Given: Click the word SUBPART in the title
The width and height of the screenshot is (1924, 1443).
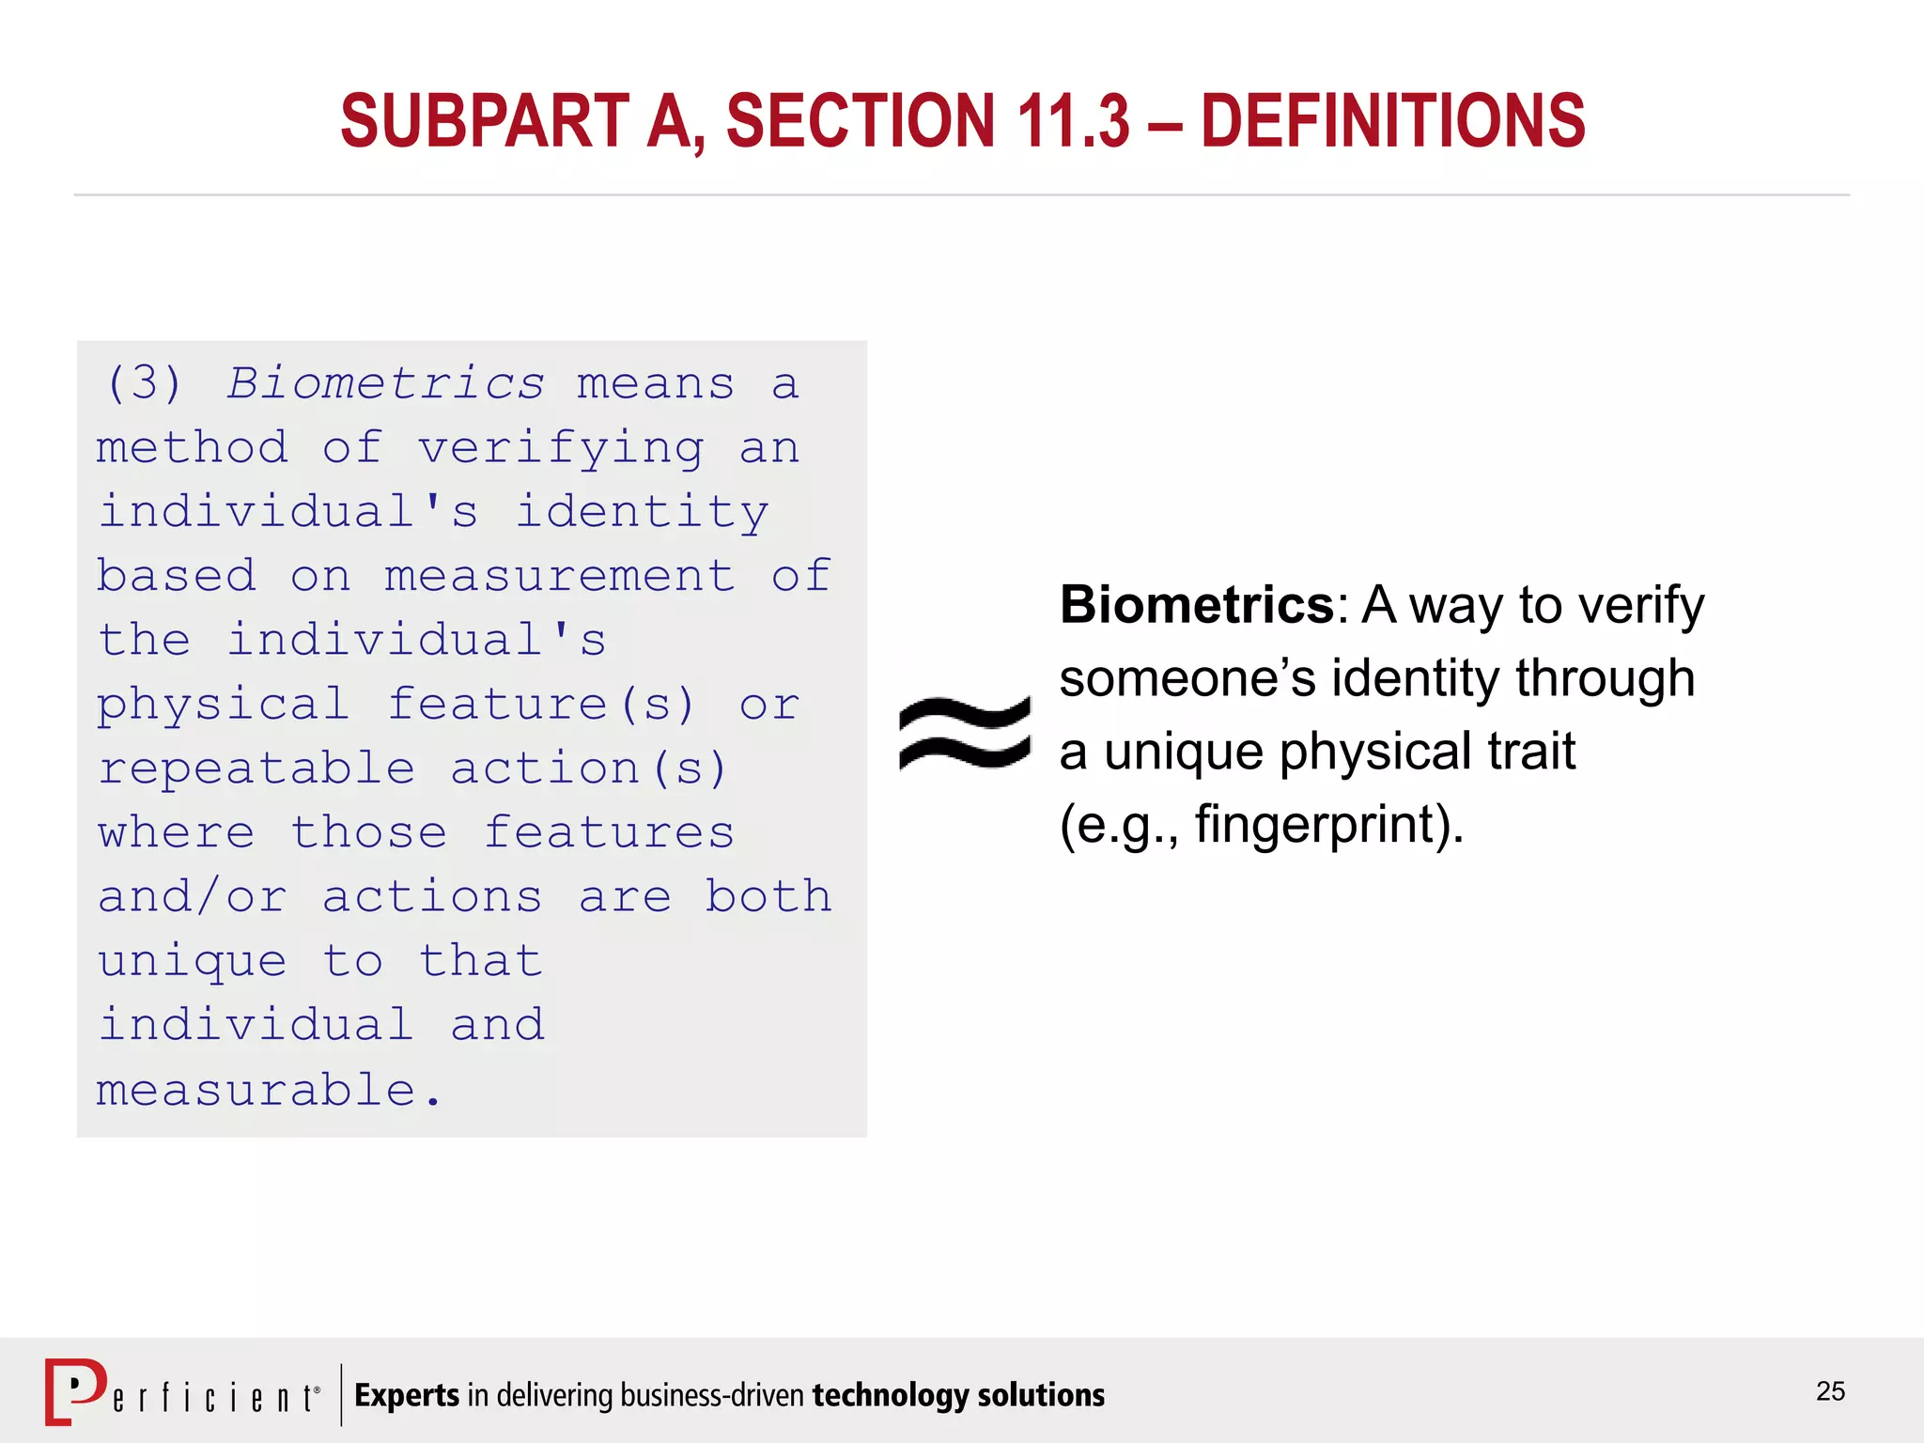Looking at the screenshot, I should [x=485, y=121].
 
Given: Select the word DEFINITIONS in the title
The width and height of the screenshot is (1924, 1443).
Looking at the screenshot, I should [x=1393, y=121].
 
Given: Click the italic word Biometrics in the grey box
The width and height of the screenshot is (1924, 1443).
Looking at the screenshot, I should [x=385, y=383].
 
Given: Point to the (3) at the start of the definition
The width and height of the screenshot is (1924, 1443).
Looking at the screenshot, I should [x=144, y=383].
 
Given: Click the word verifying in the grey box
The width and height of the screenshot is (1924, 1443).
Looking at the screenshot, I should [x=561, y=448].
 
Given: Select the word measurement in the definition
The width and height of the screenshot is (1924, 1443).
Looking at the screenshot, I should [x=560, y=576].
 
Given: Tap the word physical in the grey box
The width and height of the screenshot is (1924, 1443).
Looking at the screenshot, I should [x=223, y=706].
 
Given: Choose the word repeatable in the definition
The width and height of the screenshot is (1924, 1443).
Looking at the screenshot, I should [x=256, y=768].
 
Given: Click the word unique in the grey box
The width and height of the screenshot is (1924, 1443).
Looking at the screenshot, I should [x=193, y=962].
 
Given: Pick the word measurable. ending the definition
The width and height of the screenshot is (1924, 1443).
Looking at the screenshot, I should [x=269, y=1090].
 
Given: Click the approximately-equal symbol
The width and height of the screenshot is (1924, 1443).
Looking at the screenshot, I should [x=965, y=733].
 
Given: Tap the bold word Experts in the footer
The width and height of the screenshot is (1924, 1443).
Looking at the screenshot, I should [x=407, y=1395].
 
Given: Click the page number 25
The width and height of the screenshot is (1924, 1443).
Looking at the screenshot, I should [x=1830, y=1391].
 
